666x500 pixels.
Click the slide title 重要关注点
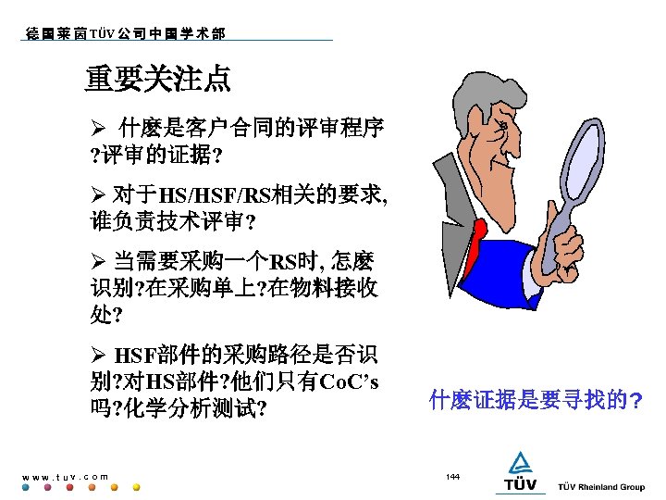click(157, 80)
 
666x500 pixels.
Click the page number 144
click(452, 476)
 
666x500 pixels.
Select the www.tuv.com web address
click(65, 476)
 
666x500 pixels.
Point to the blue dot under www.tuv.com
click(26, 486)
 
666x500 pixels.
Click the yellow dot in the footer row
click(136, 486)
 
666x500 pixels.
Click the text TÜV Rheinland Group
click(601, 487)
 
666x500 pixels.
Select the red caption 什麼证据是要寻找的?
click(536, 400)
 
